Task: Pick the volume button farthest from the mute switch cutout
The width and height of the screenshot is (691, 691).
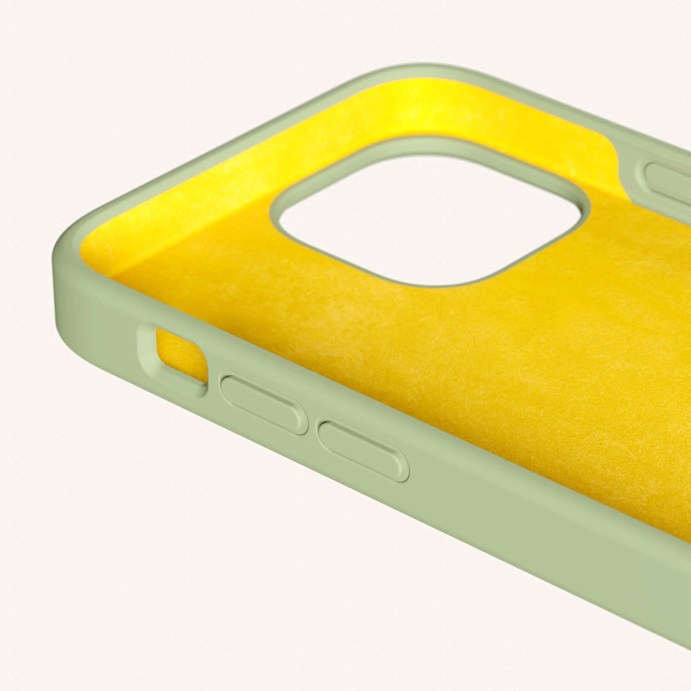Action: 363,450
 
